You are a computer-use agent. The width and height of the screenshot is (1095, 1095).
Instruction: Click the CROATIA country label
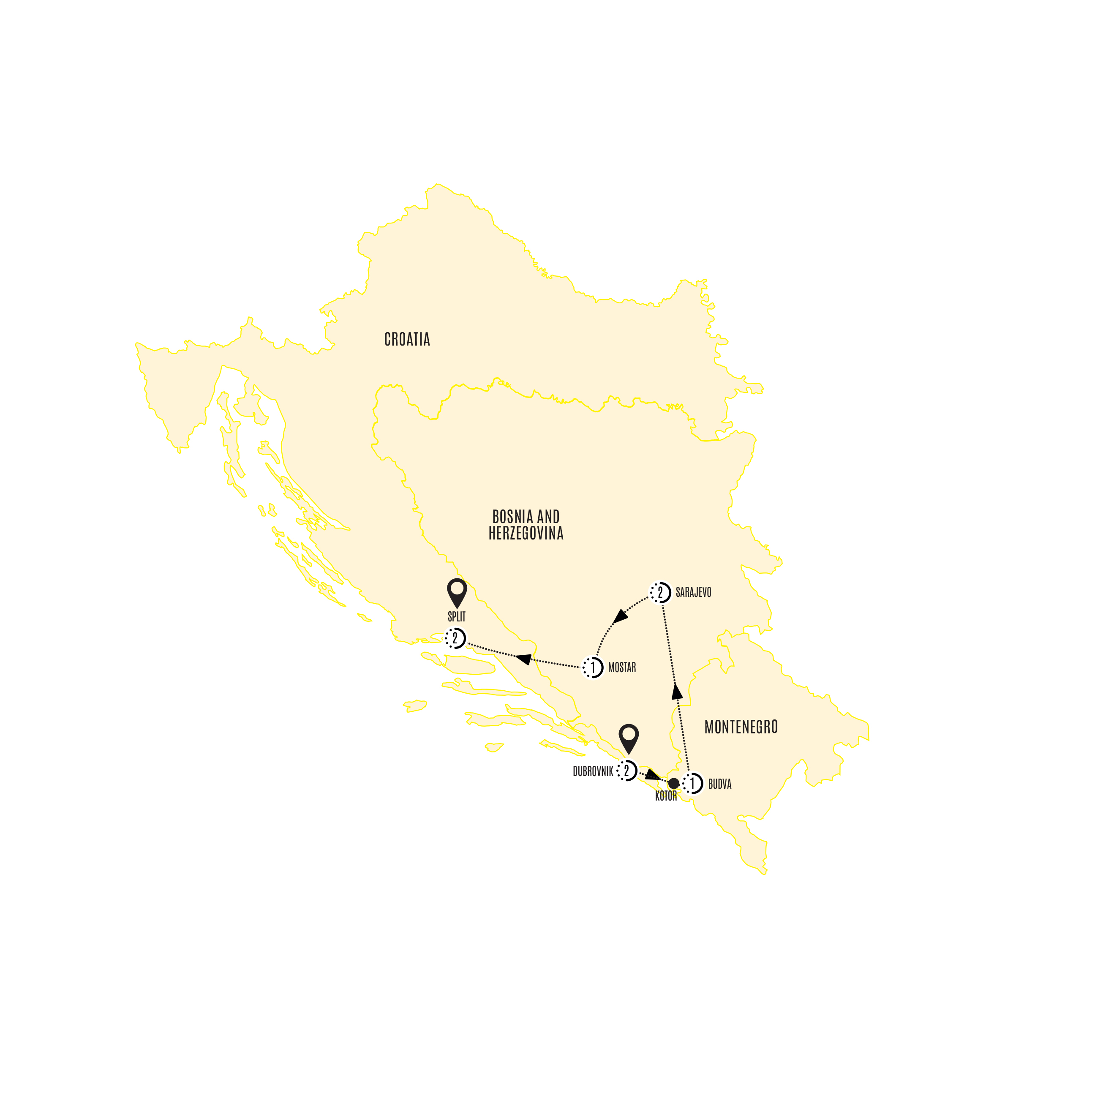click(x=407, y=340)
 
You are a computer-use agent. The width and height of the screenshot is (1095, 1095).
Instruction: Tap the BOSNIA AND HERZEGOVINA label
click(x=526, y=525)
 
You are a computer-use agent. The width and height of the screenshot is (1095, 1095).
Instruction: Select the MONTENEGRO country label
click(x=741, y=727)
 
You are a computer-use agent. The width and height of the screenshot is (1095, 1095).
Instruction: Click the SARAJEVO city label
click(x=693, y=593)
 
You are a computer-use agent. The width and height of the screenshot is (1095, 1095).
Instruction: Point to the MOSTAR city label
click(x=622, y=667)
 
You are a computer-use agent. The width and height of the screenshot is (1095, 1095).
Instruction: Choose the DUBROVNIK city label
click(x=593, y=771)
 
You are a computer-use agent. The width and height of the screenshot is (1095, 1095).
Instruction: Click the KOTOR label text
click(x=666, y=796)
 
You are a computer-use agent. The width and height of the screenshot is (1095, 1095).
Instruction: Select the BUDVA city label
click(x=720, y=784)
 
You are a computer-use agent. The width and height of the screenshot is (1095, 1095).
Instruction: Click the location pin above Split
click(x=457, y=592)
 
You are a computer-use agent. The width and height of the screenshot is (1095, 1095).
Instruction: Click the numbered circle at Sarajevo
click(x=660, y=593)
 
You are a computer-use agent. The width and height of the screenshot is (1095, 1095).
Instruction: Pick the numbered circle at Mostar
click(x=593, y=667)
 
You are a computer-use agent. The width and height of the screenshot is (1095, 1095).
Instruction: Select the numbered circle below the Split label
click(x=455, y=639)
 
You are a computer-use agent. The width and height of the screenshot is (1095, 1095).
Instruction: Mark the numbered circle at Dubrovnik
click(x=627, y=771)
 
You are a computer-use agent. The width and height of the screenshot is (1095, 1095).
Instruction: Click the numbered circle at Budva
click(x=692, y=784)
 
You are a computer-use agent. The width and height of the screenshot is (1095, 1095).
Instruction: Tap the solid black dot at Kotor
click(x=673, y=783)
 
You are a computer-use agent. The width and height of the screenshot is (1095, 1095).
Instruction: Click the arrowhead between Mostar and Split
click(x=523, y=659)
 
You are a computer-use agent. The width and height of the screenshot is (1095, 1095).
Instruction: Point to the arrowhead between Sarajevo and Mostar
click(x=621, y=616)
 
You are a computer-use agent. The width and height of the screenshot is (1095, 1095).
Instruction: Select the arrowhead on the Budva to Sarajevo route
click(x=677, y=692)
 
